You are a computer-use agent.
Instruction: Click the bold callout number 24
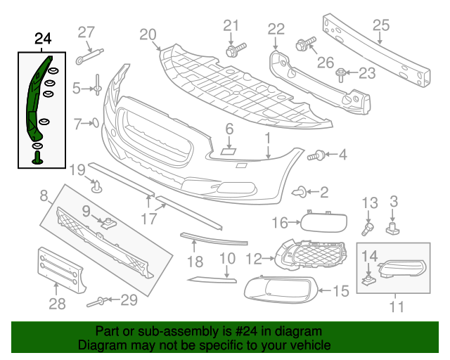tap(43, 39)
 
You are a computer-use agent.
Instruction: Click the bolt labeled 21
tap(236, 49)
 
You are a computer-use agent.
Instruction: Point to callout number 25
tap(381, 25)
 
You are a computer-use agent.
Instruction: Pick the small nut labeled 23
tap(341, 75)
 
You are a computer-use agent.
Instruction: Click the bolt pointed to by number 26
tap(305, 44)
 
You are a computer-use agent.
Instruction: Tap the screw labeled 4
tap(316, 155)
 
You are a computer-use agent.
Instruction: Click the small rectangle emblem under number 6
tap(228, 151)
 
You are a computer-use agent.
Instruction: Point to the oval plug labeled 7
tap(96, 123)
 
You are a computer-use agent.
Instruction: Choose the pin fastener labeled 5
tap(97, 85)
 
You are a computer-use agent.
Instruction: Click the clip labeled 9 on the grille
tap(108, 223)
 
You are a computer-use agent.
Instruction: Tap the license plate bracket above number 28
tap(60, 270)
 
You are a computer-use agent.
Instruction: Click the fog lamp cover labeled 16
tap(323, 222)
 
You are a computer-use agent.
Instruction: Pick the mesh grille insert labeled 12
tap(311, 255)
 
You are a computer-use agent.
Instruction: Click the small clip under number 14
tap(368, 280)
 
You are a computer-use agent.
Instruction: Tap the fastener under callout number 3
tap(392, 229)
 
